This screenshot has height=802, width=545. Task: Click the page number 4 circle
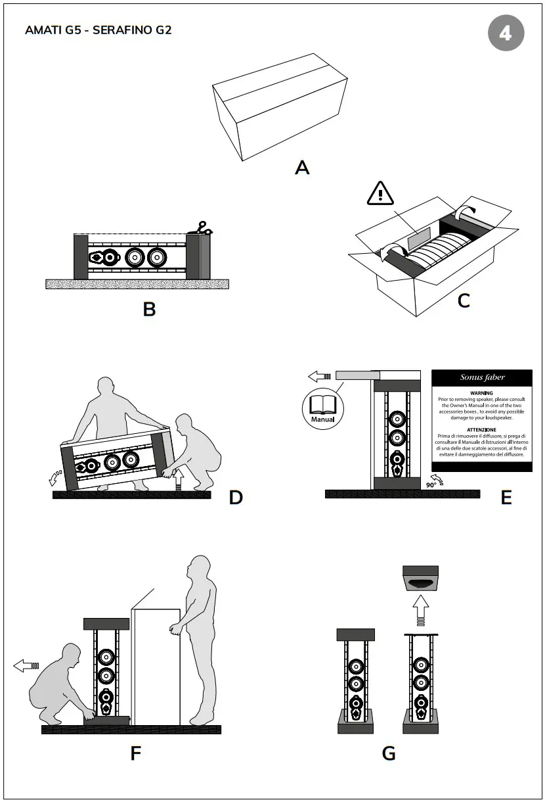point(506,33)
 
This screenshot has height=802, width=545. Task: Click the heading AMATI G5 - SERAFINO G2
point(98,30)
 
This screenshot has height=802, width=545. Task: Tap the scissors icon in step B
point(203,228)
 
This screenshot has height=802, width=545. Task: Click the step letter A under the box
point(301,168)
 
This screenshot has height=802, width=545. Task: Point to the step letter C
point(464,300)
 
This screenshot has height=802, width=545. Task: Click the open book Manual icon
point(323,406)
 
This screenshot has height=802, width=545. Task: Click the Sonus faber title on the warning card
point(481,378)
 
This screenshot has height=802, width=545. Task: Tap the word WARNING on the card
point(481,392)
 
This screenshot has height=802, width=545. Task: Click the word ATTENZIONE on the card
point(481,429)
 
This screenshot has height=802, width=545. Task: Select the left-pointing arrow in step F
point(26,666)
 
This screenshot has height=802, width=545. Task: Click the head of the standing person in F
point(200,566)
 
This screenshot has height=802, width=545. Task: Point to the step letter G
point(389,753)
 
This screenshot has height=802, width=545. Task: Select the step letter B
point(149,309)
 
